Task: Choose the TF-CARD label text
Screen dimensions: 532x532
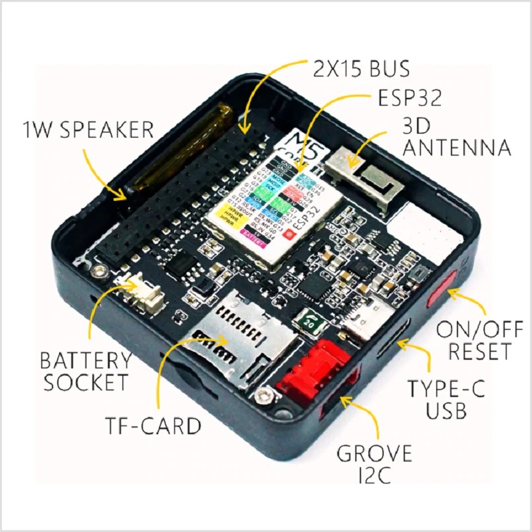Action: (152, 424)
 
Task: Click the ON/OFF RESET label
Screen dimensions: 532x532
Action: (474, 338)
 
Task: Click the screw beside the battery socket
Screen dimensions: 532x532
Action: (101, 271)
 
